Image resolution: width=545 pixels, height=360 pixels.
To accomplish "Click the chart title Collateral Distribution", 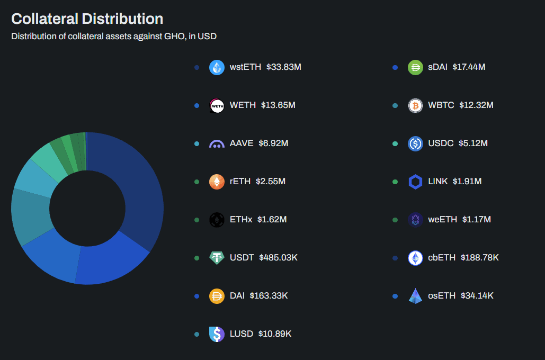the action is click(87, 19).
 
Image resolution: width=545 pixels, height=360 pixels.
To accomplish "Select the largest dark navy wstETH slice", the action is click(139, 184).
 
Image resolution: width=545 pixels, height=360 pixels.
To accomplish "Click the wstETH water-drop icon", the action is click(217, 67).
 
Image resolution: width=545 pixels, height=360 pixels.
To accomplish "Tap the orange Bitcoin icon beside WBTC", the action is click(415, 105).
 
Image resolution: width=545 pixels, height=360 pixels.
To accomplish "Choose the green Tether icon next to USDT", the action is click(217, 258).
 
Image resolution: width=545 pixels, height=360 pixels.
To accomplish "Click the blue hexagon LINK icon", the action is click(415, 182).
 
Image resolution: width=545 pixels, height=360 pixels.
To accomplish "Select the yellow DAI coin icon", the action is click(217, 296).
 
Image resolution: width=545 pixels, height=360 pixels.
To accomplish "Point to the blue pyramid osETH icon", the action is click(415, 296).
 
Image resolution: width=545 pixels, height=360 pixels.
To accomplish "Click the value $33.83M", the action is click(284, 67).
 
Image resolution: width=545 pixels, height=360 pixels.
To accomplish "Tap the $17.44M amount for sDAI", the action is click(469, 67).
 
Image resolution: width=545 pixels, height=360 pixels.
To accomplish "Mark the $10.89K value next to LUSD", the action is click(274, 334).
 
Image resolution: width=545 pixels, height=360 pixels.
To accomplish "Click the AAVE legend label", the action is click(242, 143).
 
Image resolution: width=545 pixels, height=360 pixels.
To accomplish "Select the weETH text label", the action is click(442, 220).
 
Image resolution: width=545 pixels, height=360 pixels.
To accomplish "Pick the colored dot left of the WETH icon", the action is click(196, 105).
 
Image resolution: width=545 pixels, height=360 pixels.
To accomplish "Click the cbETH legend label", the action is click(442, 258).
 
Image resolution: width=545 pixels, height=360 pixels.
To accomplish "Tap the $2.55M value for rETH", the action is click(271, 182).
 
